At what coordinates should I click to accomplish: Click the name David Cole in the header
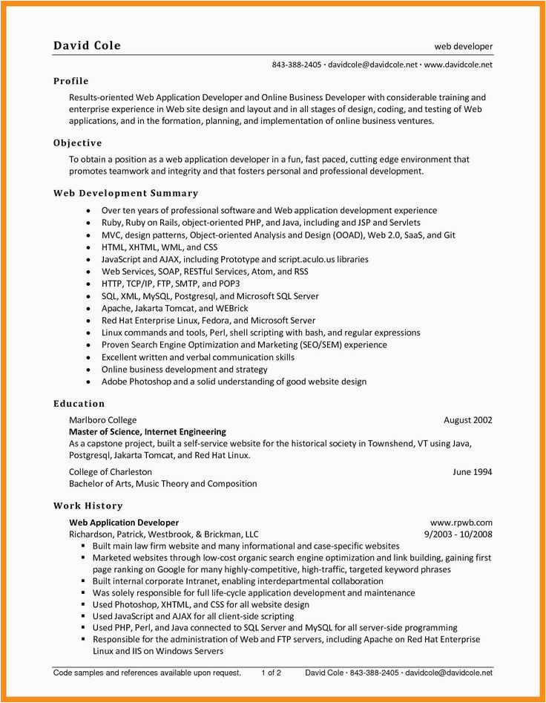coord(87,46)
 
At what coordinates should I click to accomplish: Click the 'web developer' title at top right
coord(464,47)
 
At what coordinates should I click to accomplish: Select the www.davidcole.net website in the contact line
coord(459,65)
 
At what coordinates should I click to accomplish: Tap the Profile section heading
coord(71,81)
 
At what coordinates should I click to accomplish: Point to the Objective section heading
coord(78,143)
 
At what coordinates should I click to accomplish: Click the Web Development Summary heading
coord(126,193)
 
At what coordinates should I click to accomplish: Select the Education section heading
coord(79,403)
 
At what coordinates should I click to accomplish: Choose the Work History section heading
coord(88,506)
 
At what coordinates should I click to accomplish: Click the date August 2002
coord(467,420)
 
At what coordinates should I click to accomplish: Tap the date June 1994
coord(473,471)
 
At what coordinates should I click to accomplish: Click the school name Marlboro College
coord(102,420)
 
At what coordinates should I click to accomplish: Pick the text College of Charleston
coord(111,471)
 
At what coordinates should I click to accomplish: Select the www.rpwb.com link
coord(461,523)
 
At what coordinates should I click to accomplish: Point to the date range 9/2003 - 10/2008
coord(458,534)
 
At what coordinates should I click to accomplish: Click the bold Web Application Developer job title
coord(124,523)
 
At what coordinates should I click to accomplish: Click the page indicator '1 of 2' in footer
coord(271,673)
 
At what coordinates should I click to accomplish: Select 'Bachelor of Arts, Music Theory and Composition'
coord(163,483)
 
